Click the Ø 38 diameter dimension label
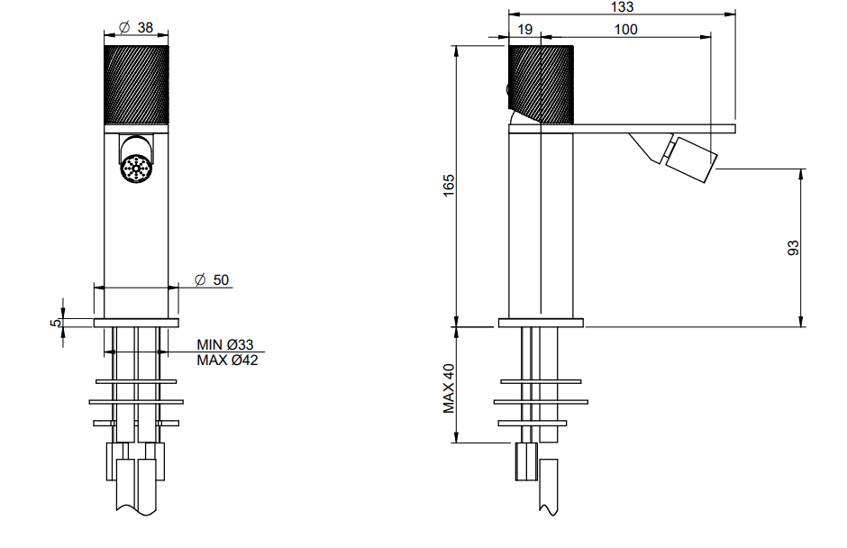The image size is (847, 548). coord(135,27)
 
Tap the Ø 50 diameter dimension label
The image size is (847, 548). coord(211,279)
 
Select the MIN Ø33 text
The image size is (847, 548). coord(224,344)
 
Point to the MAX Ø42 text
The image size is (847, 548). coord(227,360)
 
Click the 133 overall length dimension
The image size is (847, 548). coord(622,6)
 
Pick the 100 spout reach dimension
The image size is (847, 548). coord(625,29)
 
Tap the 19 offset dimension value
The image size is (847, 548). coord(524,29)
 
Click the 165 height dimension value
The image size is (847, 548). coord(449,186)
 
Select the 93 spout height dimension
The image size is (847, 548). coord(792,248)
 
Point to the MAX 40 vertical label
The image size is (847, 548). coord(449,388)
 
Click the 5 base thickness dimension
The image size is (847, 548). coord(55,323)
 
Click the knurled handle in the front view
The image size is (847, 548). coord(136,85)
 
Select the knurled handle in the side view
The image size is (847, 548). coord(541,85)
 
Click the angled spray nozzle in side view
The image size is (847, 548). coord(691,160)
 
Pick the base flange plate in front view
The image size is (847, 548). coord(136,323)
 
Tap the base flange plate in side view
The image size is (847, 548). coord(541,323)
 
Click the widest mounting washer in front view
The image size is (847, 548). coord(136,402)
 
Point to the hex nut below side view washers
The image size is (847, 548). coord(526,461)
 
